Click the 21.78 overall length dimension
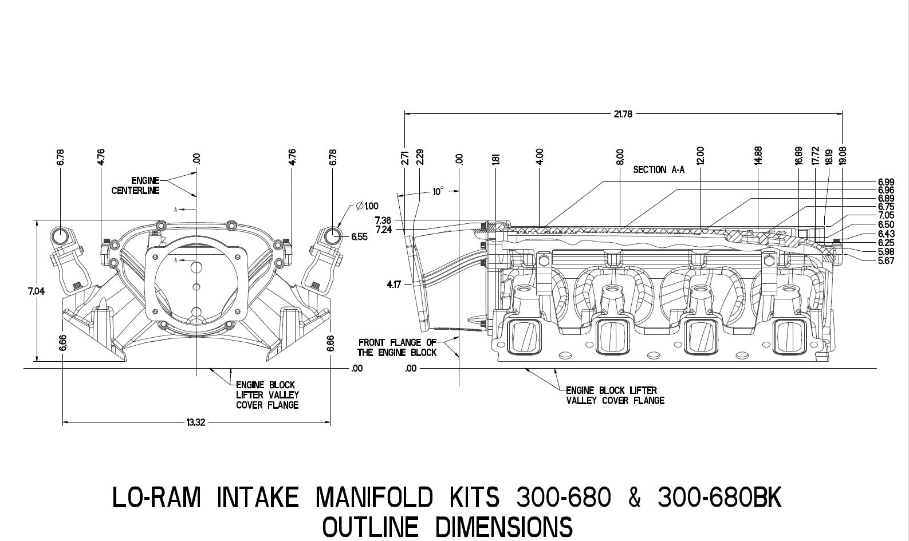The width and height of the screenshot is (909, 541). (623, 114)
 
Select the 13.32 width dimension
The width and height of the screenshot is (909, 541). (195, 422)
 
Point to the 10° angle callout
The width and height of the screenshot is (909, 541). (438, 192)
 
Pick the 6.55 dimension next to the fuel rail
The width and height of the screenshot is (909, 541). (360, 236)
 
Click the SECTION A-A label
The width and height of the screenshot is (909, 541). (658, 170)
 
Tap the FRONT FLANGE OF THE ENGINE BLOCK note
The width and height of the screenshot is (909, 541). (398, 347)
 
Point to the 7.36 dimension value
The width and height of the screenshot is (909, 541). (383, 220)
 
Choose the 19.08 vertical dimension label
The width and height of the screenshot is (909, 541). (842, 156)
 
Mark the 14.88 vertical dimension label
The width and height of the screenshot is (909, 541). (758, 156)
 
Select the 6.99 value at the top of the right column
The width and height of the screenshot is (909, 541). (886, 182)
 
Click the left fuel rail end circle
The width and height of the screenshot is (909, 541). (60, 236)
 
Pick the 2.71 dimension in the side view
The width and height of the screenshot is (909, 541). (404, 157)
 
